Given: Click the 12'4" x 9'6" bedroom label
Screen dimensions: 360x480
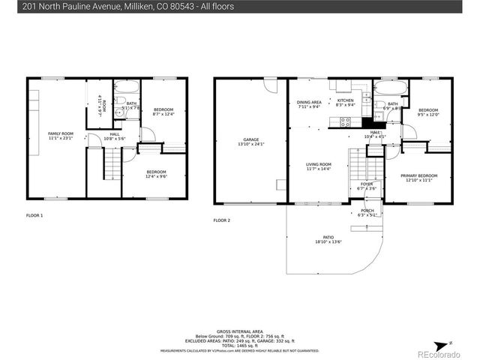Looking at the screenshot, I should [x=156, y=174].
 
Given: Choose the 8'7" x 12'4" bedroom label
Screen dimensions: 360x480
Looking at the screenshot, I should [x=163, y=112].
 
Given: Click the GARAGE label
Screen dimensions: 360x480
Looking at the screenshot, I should [x=251, y=141].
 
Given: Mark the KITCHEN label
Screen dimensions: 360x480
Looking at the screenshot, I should [x=345, y=103].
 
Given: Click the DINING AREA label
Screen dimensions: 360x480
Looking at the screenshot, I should [x=309, y=104].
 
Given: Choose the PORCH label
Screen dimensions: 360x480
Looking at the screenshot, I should [x=367, y=212].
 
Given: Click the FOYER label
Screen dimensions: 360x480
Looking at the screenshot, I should [x=367, y=186].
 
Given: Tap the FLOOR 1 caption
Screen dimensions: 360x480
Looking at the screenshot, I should [x=34, y=215].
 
